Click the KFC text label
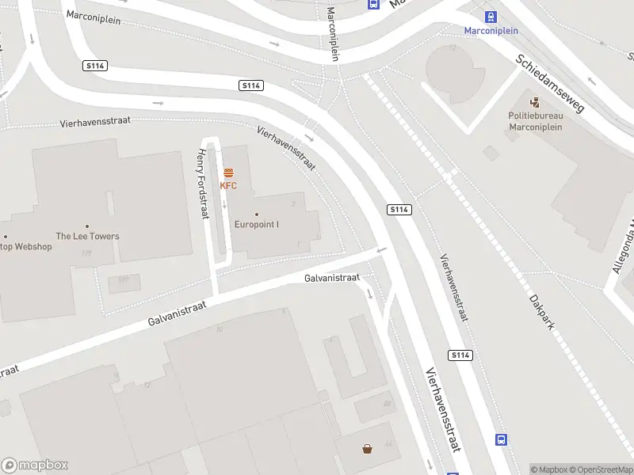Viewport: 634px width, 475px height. [x=228, y=186]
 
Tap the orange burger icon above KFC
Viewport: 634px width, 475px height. [x=228, y=173]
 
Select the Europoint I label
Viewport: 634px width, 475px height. [x=257, y=224]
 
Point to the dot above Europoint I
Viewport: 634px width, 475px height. [x=257, y=214]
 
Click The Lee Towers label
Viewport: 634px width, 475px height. [x=87, y=236]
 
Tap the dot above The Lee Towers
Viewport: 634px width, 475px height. [x=87, y=226]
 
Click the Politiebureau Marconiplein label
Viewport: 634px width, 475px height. [x=535, y=120]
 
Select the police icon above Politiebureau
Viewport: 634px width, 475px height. [x=535, y=102]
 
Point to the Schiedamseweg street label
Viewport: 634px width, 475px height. [x=549, y=84]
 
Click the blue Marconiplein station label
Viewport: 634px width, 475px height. [x=491, y=31]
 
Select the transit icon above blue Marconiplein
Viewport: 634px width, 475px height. [x=491, y=16]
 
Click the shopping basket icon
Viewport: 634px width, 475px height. [x=368, y=449]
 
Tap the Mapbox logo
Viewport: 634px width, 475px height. [x=35, y=465]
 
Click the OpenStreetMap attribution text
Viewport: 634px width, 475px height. [x=600, y=469]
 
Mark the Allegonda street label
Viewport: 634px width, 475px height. [x=623, y=246]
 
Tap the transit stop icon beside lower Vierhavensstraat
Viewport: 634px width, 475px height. [x=501, y=439]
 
